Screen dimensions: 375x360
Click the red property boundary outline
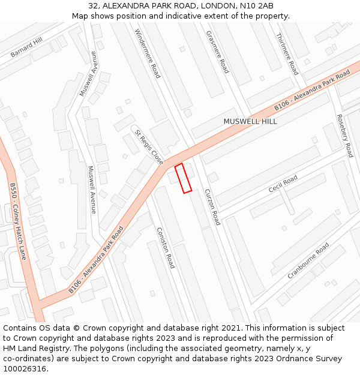click(183, 178)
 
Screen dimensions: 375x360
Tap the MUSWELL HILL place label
click(250, 121)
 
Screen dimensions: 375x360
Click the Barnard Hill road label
click(27, 47)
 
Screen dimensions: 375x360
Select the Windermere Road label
click(148, 53)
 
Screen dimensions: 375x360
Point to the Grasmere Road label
click(217, 52)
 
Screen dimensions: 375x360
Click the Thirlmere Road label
click(287, 53)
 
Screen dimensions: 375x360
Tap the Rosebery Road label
click(344, 136)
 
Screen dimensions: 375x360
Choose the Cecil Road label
click(283, 184)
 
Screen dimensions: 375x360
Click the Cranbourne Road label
click(308, 260)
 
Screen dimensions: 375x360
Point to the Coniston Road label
click(165, 247)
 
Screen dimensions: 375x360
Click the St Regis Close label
click(148, 147)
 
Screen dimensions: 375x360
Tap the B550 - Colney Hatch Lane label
click(18, 221)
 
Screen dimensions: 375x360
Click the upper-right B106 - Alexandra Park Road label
click(312, 90)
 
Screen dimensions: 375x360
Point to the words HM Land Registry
click(35, 349)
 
